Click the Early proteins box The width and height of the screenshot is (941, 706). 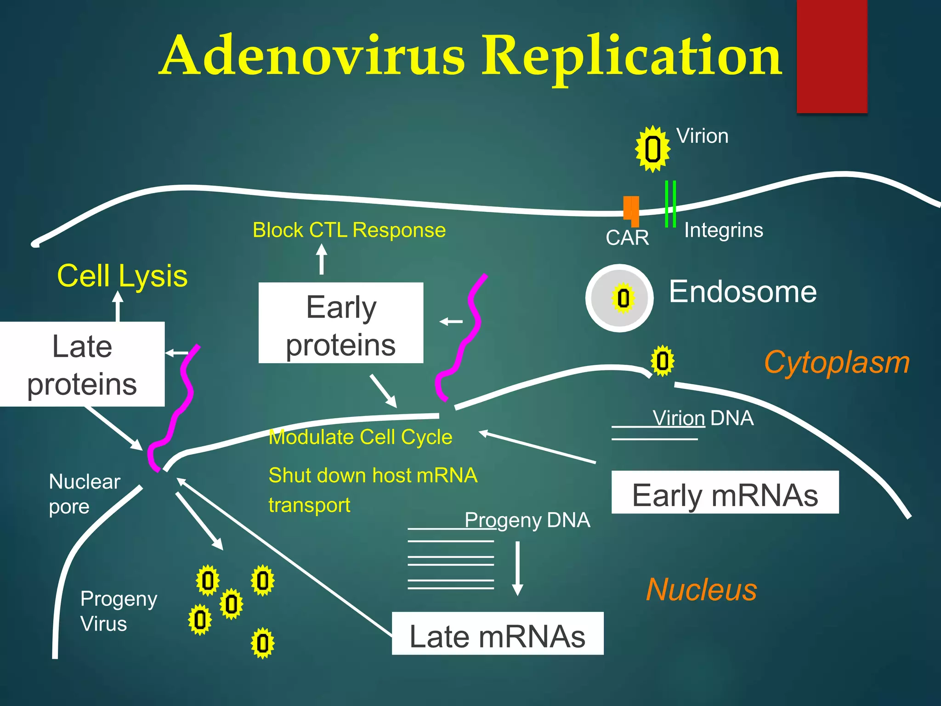click(x=340, y=323)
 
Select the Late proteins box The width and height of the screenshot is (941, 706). click(x=82, y=364)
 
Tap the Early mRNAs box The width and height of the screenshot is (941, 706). click(x=725, y=492)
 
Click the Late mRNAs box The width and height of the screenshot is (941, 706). click(x=497, y=633)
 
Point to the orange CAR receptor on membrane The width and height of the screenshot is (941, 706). click(x=631, y=211)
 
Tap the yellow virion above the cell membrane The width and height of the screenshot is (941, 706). click(x=652, y=149)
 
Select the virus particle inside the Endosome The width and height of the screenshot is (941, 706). click(x=623, y=298)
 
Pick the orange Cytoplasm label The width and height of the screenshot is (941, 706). click(x=836, y=363)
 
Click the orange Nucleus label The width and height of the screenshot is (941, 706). click(x=701, y=590)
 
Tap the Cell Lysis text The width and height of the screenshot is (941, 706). click(x=122, y=276)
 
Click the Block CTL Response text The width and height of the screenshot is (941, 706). click(x=349, y=230)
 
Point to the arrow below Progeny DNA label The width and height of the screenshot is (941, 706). click(x=518, y=568)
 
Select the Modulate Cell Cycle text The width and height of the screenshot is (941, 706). click(x=360, y=437)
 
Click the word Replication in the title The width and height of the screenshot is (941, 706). click(x=631, y=56)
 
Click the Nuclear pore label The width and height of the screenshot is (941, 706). click(x=84, y=494)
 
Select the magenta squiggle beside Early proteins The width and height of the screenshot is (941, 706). click(x=461, y=338)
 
